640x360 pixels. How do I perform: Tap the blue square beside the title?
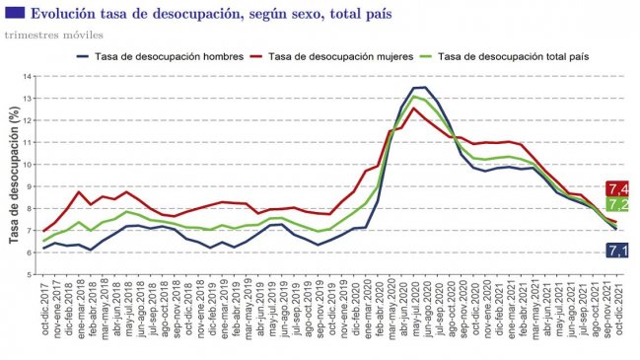coord(14,14)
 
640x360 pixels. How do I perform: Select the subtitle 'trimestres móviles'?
coord(54,36)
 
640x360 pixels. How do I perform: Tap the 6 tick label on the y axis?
coord(30,253)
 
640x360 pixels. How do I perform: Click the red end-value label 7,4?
coord(618,188)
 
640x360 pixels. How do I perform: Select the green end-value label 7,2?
coord(618,205)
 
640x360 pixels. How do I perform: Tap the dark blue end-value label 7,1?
coord(618,252)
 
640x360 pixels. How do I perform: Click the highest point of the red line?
coord(413,108)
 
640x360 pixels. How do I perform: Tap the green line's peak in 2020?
coord(414,97)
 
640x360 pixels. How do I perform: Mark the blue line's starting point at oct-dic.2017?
coord(44,248)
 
